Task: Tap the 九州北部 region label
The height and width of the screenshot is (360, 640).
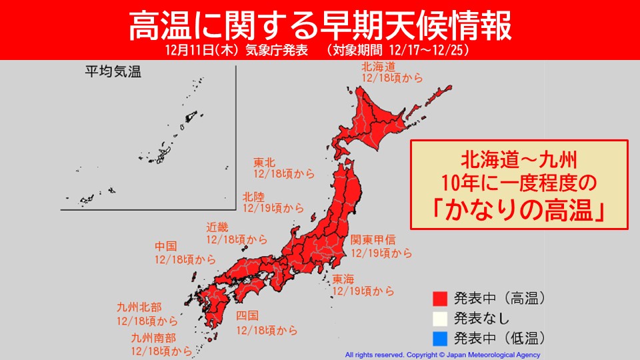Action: click(x=137, y=308)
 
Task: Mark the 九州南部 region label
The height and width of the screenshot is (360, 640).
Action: click(x=153, y=339)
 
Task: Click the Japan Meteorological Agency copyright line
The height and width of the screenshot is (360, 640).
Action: click(x=443, y=355)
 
